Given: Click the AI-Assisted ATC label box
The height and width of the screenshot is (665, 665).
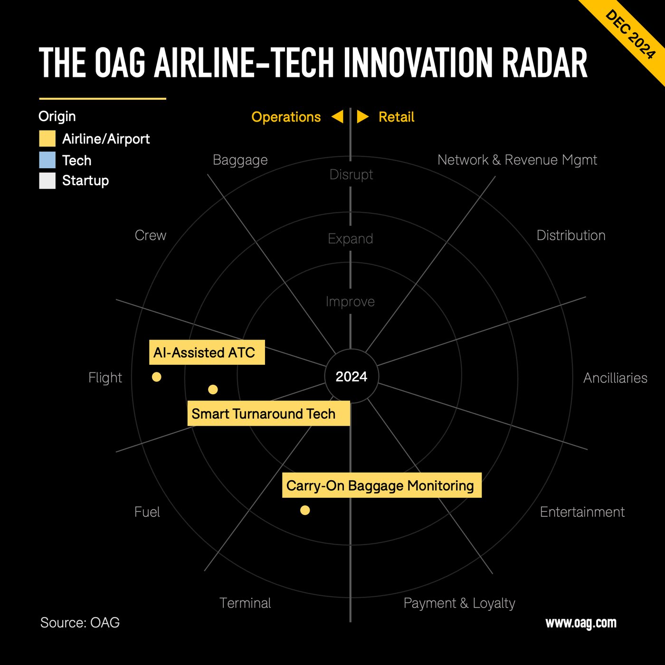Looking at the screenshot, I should pos(207,352).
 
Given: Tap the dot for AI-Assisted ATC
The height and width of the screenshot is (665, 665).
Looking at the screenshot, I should pos(157,377).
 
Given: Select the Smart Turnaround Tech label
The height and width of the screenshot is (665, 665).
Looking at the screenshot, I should pos(268,414).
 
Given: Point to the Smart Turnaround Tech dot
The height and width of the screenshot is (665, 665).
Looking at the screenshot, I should pos(213,389).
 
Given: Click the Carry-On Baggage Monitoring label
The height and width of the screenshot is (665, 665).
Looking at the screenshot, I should pos(381,485).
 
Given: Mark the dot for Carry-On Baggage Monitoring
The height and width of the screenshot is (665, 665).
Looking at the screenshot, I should pos(305,510).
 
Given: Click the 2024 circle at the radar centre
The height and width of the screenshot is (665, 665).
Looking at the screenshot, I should pos(351,377).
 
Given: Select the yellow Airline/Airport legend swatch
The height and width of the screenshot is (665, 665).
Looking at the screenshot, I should pos(47,139).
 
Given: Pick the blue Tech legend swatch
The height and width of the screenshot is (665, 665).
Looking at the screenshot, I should pos(47,160).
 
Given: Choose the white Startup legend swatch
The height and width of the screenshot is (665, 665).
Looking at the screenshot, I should pos(47,181).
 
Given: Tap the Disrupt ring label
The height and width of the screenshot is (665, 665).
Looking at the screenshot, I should pos(351,175).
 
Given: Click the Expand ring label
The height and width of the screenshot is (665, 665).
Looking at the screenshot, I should pos(351,238).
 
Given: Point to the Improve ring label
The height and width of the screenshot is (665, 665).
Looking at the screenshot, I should pos(351,302).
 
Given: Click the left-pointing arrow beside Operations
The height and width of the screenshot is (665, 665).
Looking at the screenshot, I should pos(337,117).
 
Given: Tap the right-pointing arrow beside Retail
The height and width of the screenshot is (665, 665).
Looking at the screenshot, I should pos(362,117).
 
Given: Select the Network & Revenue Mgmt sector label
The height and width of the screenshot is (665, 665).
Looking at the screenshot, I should pos(517,160).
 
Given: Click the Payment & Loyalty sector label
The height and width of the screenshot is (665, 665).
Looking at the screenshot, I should pos(459,603).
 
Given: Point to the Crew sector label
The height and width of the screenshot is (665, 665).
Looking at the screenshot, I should pos(151,236).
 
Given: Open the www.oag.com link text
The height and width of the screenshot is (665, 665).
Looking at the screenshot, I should pos(580,623).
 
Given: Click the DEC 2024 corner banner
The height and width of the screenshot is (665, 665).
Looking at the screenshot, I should pos(631,35).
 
